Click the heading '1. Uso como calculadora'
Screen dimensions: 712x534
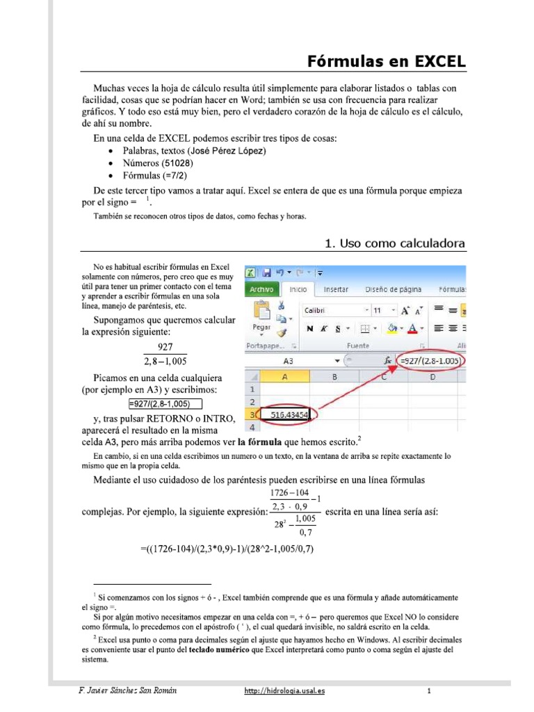pyautogui.click(x=396, y=243)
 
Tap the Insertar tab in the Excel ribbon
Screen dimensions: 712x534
pyautogui.click(x=337, y=289)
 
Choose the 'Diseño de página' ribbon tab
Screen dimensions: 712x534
pyautogui.click(x=394, y=289)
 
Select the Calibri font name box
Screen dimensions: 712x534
pyautogui.click(x=330, y=310)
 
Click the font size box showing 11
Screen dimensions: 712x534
pyautogui.click(x=380, y=310)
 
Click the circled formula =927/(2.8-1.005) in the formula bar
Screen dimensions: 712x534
pyautogui.click(x=430, y=361)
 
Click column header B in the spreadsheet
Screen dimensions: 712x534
pyautogui.click(x=334, y=377)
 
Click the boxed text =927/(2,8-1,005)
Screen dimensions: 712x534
pyautogui.click(x=165, y=403)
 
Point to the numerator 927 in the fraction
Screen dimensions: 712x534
pyautogui.click(x=165, y=348)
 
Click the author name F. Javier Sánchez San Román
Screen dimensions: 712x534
pyautogui.click(x=128, y=690)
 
